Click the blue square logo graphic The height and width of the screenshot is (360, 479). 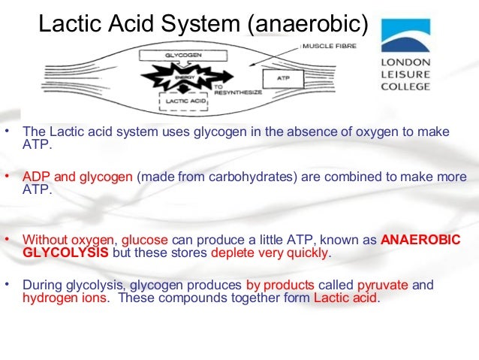(405, 36)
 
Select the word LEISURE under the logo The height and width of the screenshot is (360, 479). (406, 74)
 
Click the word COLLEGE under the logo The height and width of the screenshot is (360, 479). (406, 86)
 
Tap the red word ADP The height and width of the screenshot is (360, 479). (37, 177)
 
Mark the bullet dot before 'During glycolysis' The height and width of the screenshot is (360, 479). (8, 284)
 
